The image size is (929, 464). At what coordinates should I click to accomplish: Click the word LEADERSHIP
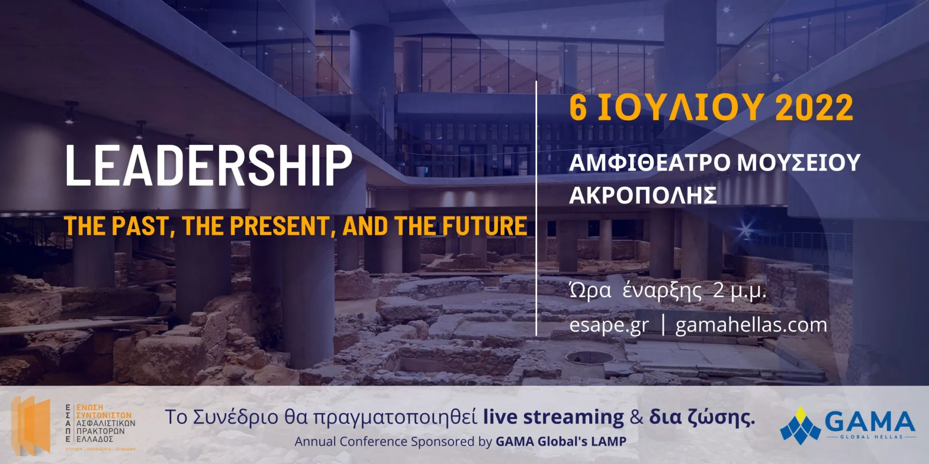pyautogui.click(x=208, y=165)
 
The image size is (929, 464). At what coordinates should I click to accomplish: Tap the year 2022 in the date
pyautogui.click(x=814, y=108)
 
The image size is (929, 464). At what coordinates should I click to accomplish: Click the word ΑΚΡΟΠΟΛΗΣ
pyautogui.click(x=643, y=196)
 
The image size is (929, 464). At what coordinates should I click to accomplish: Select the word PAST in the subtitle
pyautogui.click(x=140, y=226)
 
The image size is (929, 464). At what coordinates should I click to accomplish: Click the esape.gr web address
pyautogui.click(x=608, y=325)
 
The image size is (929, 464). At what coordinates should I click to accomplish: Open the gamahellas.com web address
pyautogui.click(x=751, y=325)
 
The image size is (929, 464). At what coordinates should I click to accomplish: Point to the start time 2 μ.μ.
pyautogui.click(x=739, y=290)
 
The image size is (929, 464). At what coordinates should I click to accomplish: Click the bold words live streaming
pyautogui.click(x=553, y=417)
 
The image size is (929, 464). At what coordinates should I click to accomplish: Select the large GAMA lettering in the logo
pyautogui.click(x=869, y=422)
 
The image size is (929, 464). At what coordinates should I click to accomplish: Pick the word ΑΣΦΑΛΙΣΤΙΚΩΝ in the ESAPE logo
pyautogui.click(x=106, y=423)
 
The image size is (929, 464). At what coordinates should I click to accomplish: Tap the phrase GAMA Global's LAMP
pyautogui.click(x=561, y=441)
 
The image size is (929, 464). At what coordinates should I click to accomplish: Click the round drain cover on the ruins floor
pyautogui.click(x=589, y=358)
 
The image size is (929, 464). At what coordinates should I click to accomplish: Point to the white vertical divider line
pyautogui.click(x=536, y=208)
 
